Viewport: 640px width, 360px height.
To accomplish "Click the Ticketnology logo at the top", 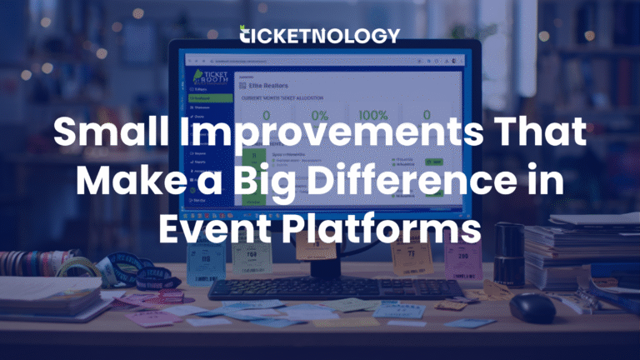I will click(319, 35).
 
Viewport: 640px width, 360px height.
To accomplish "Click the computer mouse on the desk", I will click(532, 307).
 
